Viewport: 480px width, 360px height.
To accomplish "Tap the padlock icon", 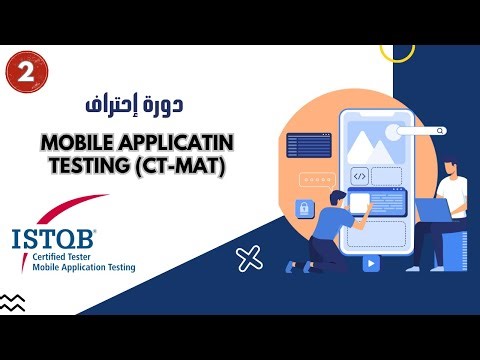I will pos(303,208).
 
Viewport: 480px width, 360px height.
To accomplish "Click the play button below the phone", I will pos(371,264).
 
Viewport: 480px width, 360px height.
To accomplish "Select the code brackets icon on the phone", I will pos(360,176).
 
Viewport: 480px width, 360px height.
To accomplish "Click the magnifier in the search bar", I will pos(441,130).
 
